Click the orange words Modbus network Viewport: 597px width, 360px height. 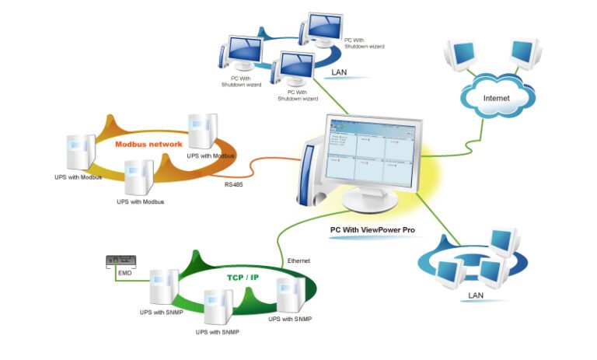pos(148,144)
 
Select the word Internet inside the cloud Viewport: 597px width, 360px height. pos(497,99)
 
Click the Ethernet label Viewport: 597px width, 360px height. pos(299,260)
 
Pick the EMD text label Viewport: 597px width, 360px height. pos(124,274)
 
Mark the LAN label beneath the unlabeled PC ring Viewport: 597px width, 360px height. pos(477,295)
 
